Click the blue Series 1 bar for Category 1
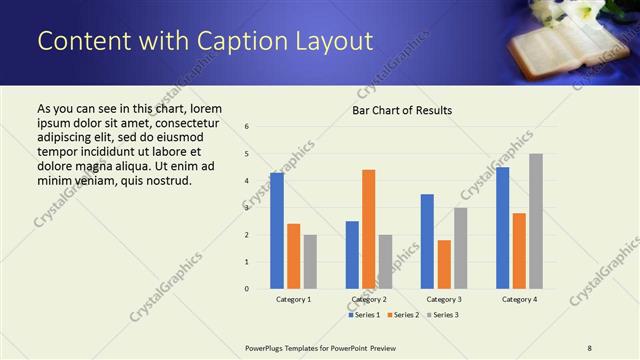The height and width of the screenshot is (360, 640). [x=277, y=231]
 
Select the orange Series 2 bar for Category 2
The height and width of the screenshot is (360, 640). [x=368, y=229]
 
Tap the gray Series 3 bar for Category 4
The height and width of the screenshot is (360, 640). [x=536, y=221]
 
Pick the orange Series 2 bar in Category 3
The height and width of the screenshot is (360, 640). [x=444, y=264]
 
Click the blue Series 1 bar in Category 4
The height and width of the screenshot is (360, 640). [x=502, y=228]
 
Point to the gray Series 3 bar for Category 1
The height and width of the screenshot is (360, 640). [x=310, y=262]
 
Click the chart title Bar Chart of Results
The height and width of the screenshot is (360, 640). [x=402, y=110]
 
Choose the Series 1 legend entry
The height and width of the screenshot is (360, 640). [x=364, y=315]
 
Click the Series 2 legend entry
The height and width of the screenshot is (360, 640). [x=402, y=315]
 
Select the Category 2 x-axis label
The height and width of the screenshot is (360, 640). [x=369, y=299]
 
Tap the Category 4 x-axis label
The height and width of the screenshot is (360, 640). [x=519, y=299]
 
